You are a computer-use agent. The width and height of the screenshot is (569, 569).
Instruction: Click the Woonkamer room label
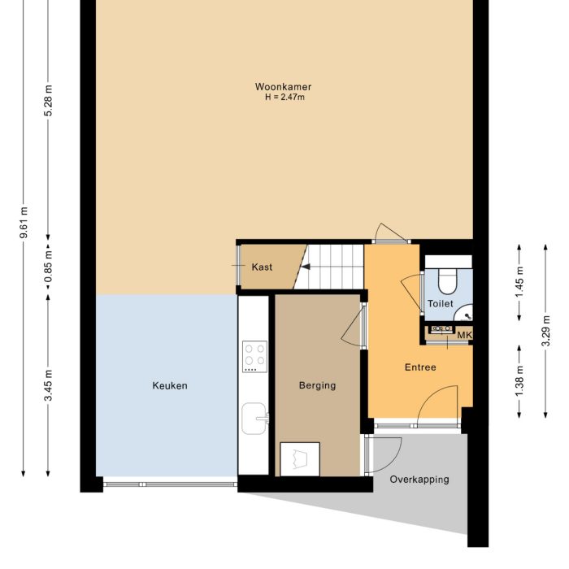(283, 87)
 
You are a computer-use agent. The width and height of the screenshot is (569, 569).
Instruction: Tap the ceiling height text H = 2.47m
(283, 98)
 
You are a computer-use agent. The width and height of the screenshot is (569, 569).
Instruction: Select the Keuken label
(169, 385)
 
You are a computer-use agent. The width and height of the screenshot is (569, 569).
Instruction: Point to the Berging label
(317, 385)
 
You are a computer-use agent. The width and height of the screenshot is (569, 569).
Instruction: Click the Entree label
(420, 367)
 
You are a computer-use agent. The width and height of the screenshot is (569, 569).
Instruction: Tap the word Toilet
(440, 303)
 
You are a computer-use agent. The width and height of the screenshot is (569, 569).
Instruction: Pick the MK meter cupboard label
(464, 335)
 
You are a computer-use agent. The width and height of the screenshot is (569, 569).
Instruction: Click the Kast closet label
(262, 267)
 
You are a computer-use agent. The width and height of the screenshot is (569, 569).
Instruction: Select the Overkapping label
(419, 480)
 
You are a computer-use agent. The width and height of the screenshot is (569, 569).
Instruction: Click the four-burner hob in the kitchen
(254, 356)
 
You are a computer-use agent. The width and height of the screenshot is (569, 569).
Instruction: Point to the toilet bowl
(447, 280)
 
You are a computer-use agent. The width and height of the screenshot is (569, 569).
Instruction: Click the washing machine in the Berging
(299, 459)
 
